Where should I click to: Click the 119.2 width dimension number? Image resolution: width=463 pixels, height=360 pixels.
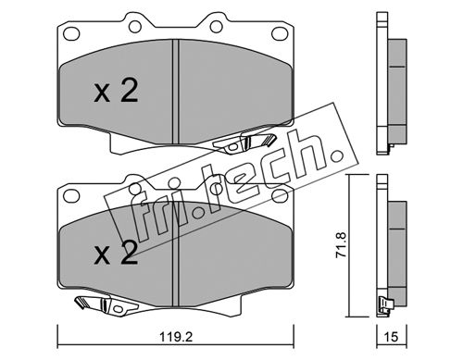[176, 337]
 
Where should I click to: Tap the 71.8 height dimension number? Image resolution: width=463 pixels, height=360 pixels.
[342, 245]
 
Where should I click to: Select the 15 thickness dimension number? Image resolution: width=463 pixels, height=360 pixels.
[392, 337]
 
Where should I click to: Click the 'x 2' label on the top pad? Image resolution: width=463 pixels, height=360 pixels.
[116, 91]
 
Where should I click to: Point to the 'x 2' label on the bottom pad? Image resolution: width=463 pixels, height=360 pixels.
[116, 253]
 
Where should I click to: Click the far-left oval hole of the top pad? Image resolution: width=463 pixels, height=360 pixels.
[71, 33]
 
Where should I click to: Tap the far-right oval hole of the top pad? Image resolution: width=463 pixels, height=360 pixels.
[280, 33]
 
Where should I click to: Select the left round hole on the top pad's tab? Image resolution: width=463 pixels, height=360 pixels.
[135, 27]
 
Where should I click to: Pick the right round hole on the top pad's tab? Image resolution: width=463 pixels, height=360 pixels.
[217, 27]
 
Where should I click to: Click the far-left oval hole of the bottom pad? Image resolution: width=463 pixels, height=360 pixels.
[71, 195]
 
